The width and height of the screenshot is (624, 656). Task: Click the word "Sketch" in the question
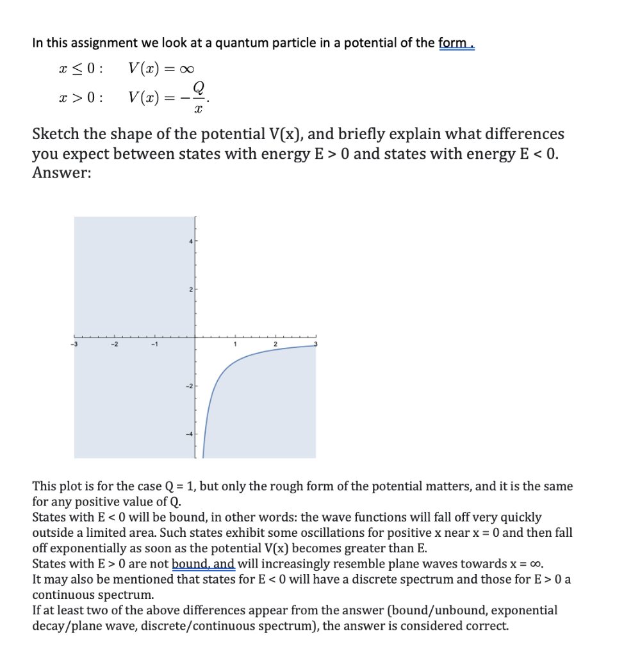click(55, 135)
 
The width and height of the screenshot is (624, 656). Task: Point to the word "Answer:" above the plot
click(62, 174)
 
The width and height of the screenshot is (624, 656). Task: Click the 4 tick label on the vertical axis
click(190, 242)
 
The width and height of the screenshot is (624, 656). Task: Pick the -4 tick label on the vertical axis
click(189, 434)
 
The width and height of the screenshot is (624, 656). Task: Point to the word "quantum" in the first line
click(243, 44)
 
